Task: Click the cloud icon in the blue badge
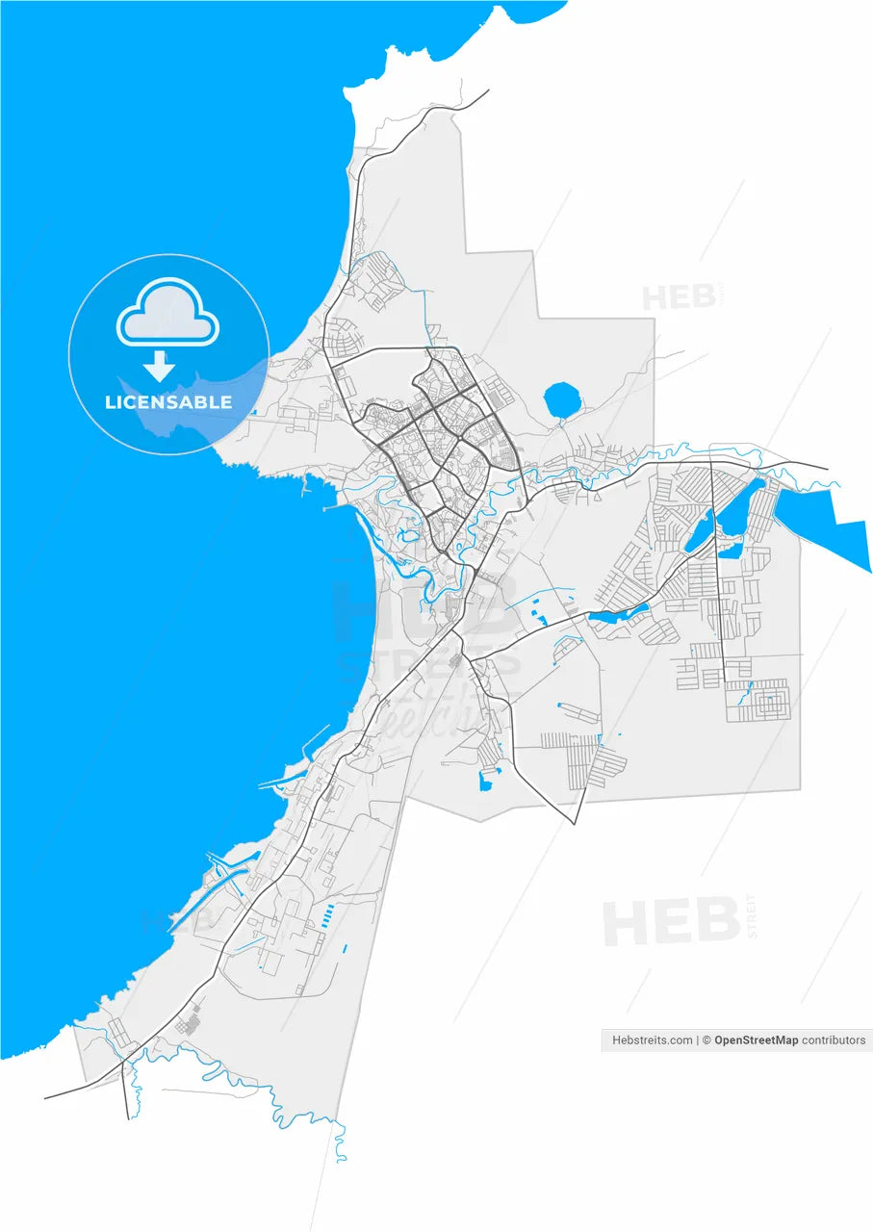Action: point(167,312)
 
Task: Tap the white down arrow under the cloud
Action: point(159,367)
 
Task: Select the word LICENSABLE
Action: point(168,402)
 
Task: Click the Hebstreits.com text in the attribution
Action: point(653,1040)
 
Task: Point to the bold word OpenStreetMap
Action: point(756,1040)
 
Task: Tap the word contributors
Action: point(834,1040)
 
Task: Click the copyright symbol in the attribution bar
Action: point(706,1040)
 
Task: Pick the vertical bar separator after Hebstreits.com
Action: point(697,1040)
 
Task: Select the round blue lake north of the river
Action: point(560,400)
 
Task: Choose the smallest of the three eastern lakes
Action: point(729,552)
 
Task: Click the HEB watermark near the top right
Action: point(678,297)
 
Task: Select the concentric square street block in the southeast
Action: point(768,702)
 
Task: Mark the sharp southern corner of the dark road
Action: point(575,824)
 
